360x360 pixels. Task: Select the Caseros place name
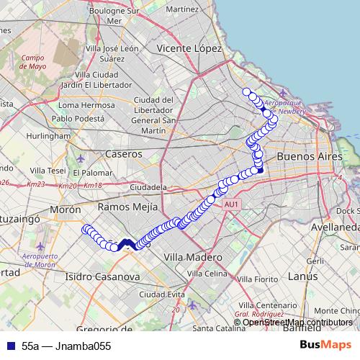(x=123, y=154)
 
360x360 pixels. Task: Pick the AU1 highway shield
(x=231, y=205)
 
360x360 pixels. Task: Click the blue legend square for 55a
(x=8, y=346)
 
